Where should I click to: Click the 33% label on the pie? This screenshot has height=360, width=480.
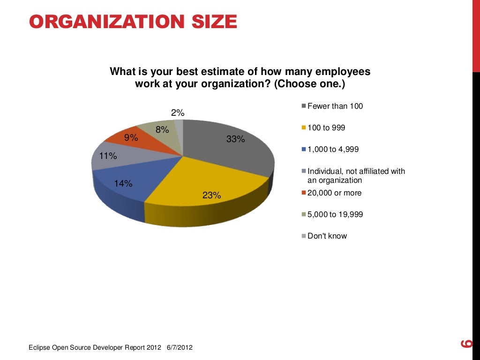[x=235, y=139]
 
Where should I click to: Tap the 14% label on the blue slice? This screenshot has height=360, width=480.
[x=123, y=184]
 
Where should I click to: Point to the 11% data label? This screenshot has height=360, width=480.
[x=107, y=156]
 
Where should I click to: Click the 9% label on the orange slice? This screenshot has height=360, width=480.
[x=131, y=138]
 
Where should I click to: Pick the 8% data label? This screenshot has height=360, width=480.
[x=162, y=130]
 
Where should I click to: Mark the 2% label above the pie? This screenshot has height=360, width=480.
[x=178, y=112]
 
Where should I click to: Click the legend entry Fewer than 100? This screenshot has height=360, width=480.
[x=335, y=106]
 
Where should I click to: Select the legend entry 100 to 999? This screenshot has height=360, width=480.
[x=326, y=128]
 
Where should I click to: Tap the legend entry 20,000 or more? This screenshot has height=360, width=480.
[x=334, y=193]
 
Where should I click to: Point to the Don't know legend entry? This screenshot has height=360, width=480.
[x=327, y=236]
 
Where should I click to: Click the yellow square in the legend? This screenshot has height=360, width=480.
[x=304, y=128]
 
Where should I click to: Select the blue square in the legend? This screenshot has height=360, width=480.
[x=304, y=150]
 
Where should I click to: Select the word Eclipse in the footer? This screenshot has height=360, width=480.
[x=39, y=347]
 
